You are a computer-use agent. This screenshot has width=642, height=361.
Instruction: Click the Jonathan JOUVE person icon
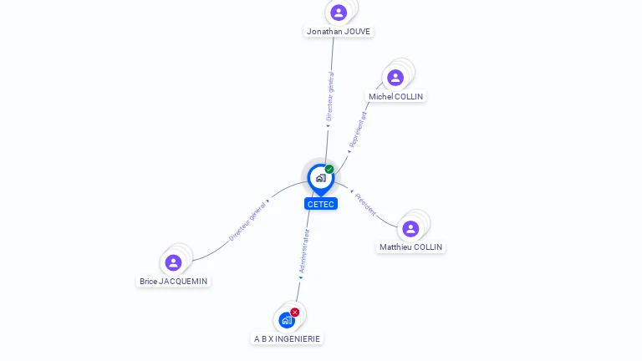tap(339, 13)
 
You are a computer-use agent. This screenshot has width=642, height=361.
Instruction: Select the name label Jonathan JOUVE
tap(339, 32)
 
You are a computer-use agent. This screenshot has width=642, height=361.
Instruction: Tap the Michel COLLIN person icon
tap(395, 78)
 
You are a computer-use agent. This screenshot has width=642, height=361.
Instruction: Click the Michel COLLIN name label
tap(396, 97)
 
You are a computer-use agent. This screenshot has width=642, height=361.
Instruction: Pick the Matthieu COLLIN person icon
tap(410, 228)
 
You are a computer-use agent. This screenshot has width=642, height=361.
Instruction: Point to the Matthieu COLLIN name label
tap(411, 247)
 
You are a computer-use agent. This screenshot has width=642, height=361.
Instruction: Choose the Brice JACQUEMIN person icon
tap(173, 262)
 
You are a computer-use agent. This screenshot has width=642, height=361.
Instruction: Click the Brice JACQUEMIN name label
tap(174, 282)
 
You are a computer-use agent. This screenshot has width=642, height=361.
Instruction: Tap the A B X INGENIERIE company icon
tap(287, 320)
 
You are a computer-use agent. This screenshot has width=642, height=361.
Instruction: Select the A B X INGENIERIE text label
tap(288, 338)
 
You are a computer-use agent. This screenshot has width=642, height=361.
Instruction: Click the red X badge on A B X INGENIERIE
tap(295, 312)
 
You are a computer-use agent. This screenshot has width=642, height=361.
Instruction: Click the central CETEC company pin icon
tap(320, 178)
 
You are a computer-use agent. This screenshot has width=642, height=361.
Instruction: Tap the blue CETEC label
tap(321, 204)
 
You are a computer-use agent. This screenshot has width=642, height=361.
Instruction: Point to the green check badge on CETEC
tap(329, 169)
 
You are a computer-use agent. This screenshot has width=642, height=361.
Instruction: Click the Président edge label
tap(366, 204)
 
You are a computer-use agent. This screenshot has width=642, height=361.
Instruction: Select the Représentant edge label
tap(358, 130)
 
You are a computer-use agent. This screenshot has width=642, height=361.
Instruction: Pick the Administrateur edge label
tap(305, 252)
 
